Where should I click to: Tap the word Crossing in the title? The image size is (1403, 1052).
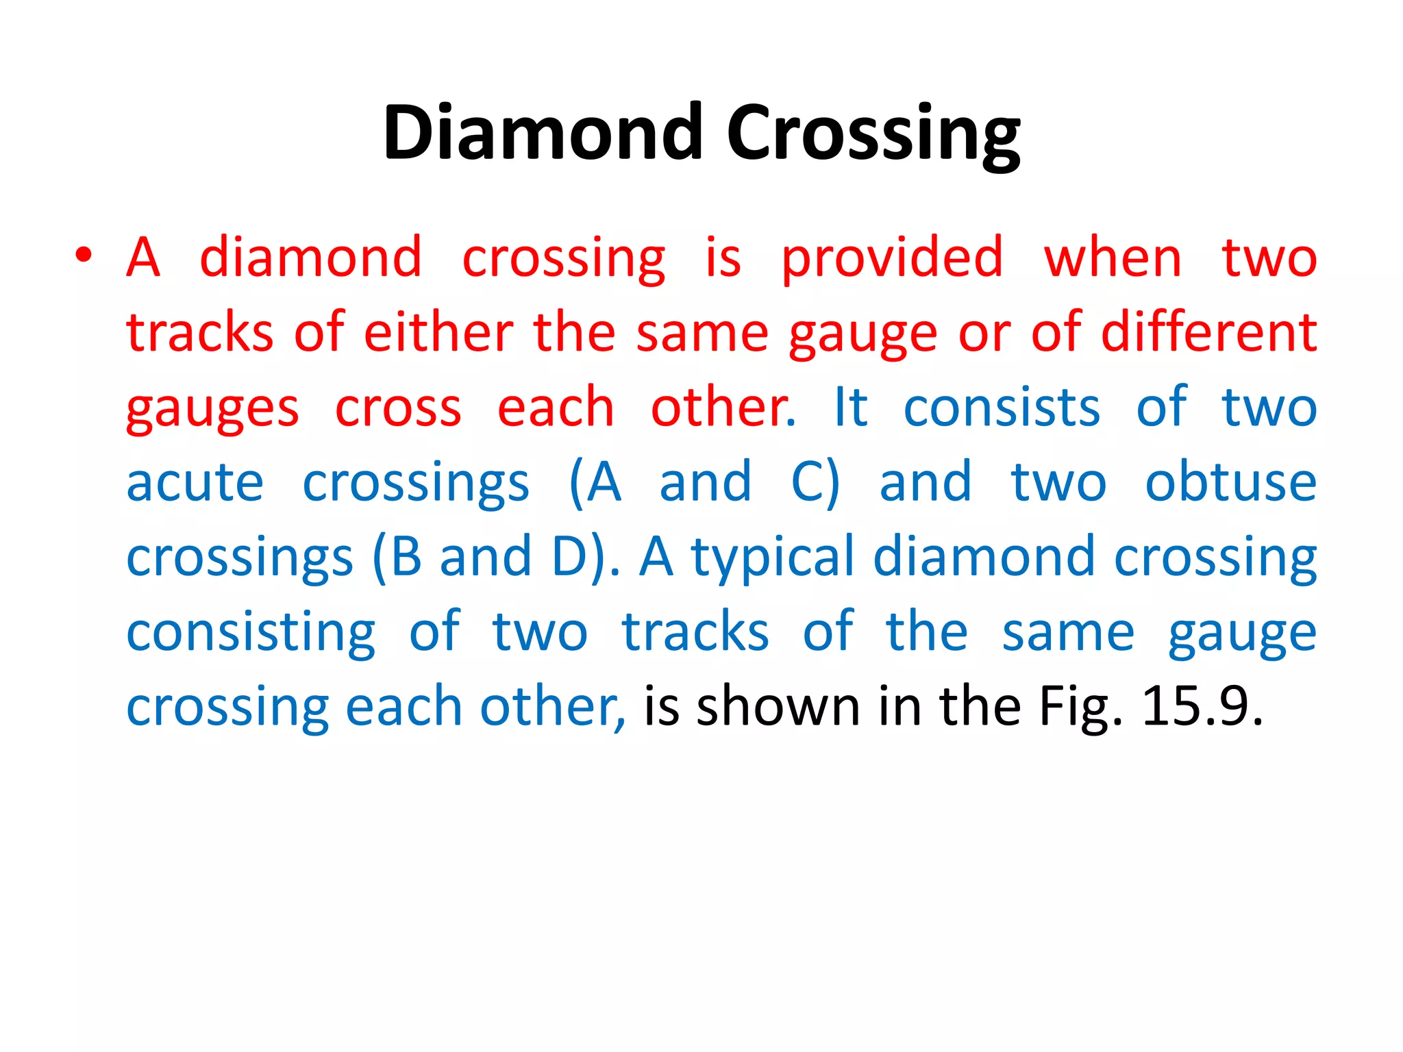click(873, 134)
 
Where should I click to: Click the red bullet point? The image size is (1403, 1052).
click(84, 255)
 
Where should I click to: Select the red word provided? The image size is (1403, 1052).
click(892, 259)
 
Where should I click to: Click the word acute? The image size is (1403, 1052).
click(195, 482)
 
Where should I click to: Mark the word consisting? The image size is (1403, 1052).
click(251, 634)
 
